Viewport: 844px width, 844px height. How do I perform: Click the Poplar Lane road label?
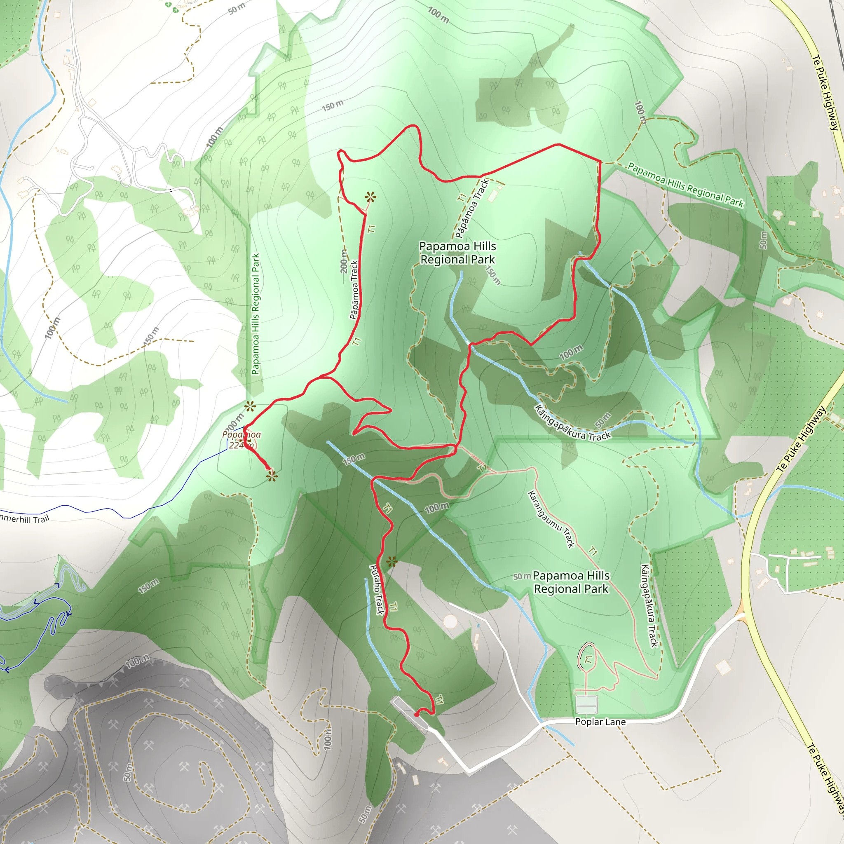pos(600,722)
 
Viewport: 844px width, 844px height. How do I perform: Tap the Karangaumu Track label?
pos(551,519)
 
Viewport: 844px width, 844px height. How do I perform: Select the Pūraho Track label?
pos(377,590)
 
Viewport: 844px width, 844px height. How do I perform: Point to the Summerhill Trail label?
pos(24,518)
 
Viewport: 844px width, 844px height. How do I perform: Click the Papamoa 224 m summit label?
pos(241,439)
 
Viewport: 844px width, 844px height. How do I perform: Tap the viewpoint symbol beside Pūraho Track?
pos(392,562)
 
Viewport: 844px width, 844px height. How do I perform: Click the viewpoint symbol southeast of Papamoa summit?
pos(272,476)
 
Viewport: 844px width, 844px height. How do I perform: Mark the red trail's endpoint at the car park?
pos(416,715)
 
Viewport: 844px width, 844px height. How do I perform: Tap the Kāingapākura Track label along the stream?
pos(573,423)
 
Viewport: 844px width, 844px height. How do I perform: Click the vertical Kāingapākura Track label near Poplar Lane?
pos(649,605)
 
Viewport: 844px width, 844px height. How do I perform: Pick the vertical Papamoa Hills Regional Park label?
pos(256,314)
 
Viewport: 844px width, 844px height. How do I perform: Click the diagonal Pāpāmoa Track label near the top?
pos(472,209)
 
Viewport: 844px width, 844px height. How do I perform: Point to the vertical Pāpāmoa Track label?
pos(354,290)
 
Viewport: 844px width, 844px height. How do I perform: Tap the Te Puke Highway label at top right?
pos(825,92)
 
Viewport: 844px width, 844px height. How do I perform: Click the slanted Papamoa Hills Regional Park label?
pos(685,184)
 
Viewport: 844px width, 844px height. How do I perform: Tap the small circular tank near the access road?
pos(450,621)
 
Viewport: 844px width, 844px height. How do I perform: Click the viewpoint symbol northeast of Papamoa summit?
pos(250,406)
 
